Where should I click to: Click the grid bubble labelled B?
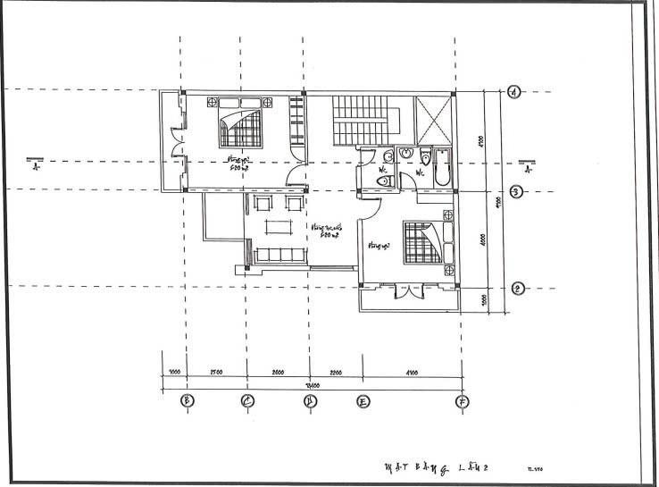pyautogui.click(x=187, y=400)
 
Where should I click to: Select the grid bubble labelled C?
pyautogui.click(x=248, y=400)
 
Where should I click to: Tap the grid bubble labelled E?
pyautogui.click(x=363, y=400)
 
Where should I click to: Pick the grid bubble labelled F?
pyautogui.click(x=462, y=400)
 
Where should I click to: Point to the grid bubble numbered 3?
pyautogui.click(x=516, y=191)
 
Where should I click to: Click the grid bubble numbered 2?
pyautogui.click(x=516, y=288)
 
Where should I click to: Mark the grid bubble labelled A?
pyautogui.click(x=514, y=91)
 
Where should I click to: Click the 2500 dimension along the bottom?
pyautogui.click(x=215, y=371)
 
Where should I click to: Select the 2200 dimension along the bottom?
pyautogui.click(x=336, y=371)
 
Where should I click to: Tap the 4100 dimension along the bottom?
pyautogui.click(x=412, y=371)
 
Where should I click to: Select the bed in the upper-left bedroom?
pyautogui.click(x=242, y=126)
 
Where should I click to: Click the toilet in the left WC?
pyautogui.click(x=385, y=181)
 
